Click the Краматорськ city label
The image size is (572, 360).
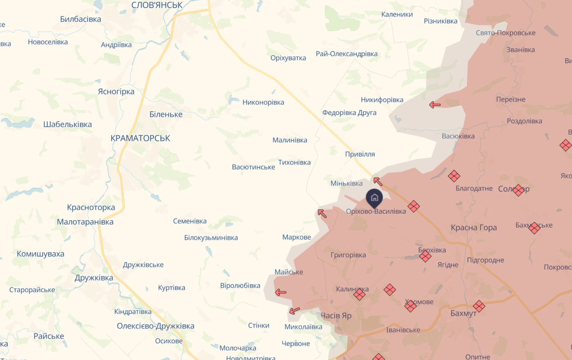140,138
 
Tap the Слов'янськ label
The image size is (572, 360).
157,5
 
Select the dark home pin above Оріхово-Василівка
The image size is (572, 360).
374,197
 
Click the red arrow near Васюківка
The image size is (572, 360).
435,105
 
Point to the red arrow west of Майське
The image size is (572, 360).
281,292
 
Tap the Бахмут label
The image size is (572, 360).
463,313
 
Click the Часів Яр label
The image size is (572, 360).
336,315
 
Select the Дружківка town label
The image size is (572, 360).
94,278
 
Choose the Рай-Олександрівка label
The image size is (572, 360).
347,54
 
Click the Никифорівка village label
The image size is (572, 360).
382,100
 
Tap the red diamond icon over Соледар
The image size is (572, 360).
518,190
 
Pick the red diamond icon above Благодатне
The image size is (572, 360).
454,176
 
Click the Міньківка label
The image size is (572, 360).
347,183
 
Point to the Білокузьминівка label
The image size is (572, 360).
211,238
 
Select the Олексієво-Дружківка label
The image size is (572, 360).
156,326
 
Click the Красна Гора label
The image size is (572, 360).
474,227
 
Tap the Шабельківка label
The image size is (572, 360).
68,125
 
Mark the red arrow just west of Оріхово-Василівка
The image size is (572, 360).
322,213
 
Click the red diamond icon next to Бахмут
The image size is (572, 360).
479,306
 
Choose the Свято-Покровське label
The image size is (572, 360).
506,33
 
